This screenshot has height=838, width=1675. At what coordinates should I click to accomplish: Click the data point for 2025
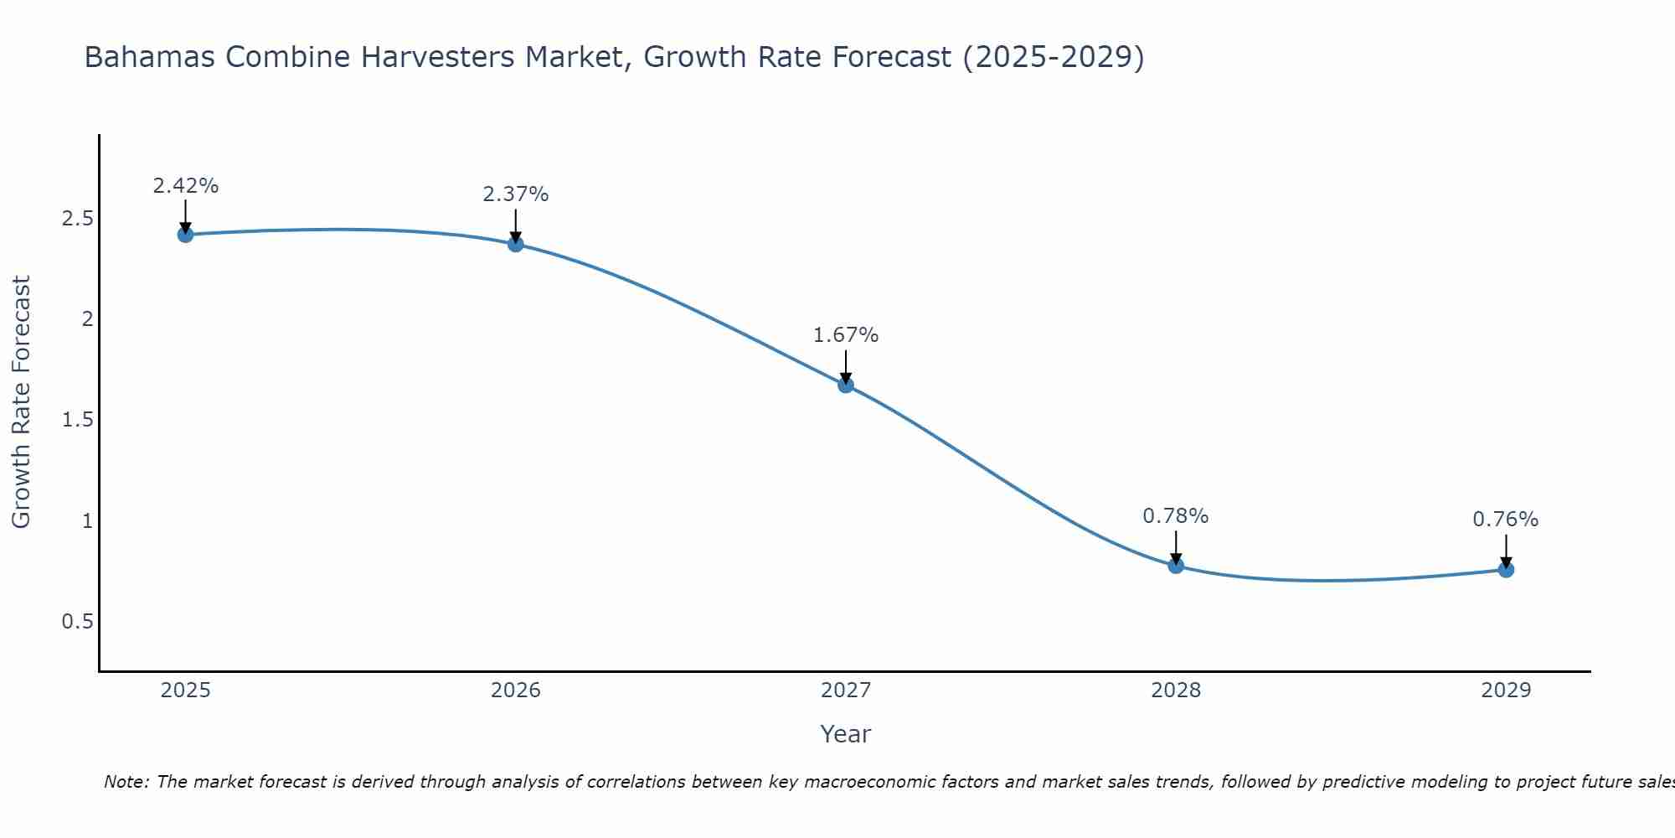pyautogui.click(x=185, y=235)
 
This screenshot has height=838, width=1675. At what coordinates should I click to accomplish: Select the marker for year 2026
pyautogui.click(x=516, y=244)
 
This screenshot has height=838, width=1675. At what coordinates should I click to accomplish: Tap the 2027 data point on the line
pyautogui.click(x=846, y=385)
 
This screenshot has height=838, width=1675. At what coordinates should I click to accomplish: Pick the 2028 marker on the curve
pyautogui.click(x=1176, y=566)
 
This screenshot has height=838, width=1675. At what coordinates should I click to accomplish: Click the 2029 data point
pyautogui.click(x=1506, y=570)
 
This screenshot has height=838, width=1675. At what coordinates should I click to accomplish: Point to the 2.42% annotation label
pyautogui.click(x=185, y=186)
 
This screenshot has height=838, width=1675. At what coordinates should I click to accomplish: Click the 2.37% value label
pyautogui.click(x=516, y=194)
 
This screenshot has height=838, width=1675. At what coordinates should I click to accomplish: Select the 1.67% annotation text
pyautogui.click(x=846, y=335)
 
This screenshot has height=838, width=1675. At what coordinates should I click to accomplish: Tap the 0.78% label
pyautogui.click(x=1176, y=516)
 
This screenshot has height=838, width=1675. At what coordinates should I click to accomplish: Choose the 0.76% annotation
pyautogui.click(x=1506, y=520)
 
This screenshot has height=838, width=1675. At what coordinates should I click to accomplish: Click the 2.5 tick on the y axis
pyautogui.click(x=77, y=219)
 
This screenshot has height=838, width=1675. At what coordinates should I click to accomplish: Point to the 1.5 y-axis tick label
pyautogui.click(x=77, y=420)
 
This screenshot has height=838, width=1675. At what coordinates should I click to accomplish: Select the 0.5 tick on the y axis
pyautogui.click(x=77, y=622)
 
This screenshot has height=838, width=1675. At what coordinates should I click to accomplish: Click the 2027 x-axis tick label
pyautogui.click(x=846, y=691)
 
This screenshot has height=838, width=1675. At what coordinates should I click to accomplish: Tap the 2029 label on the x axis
pyautogui.click(x=1506, y=691)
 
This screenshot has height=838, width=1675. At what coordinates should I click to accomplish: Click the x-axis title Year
pyautogui.click(x=846, y=734)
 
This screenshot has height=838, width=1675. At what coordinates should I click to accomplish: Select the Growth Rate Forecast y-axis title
pyautogui.click(x=21, y=402)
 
